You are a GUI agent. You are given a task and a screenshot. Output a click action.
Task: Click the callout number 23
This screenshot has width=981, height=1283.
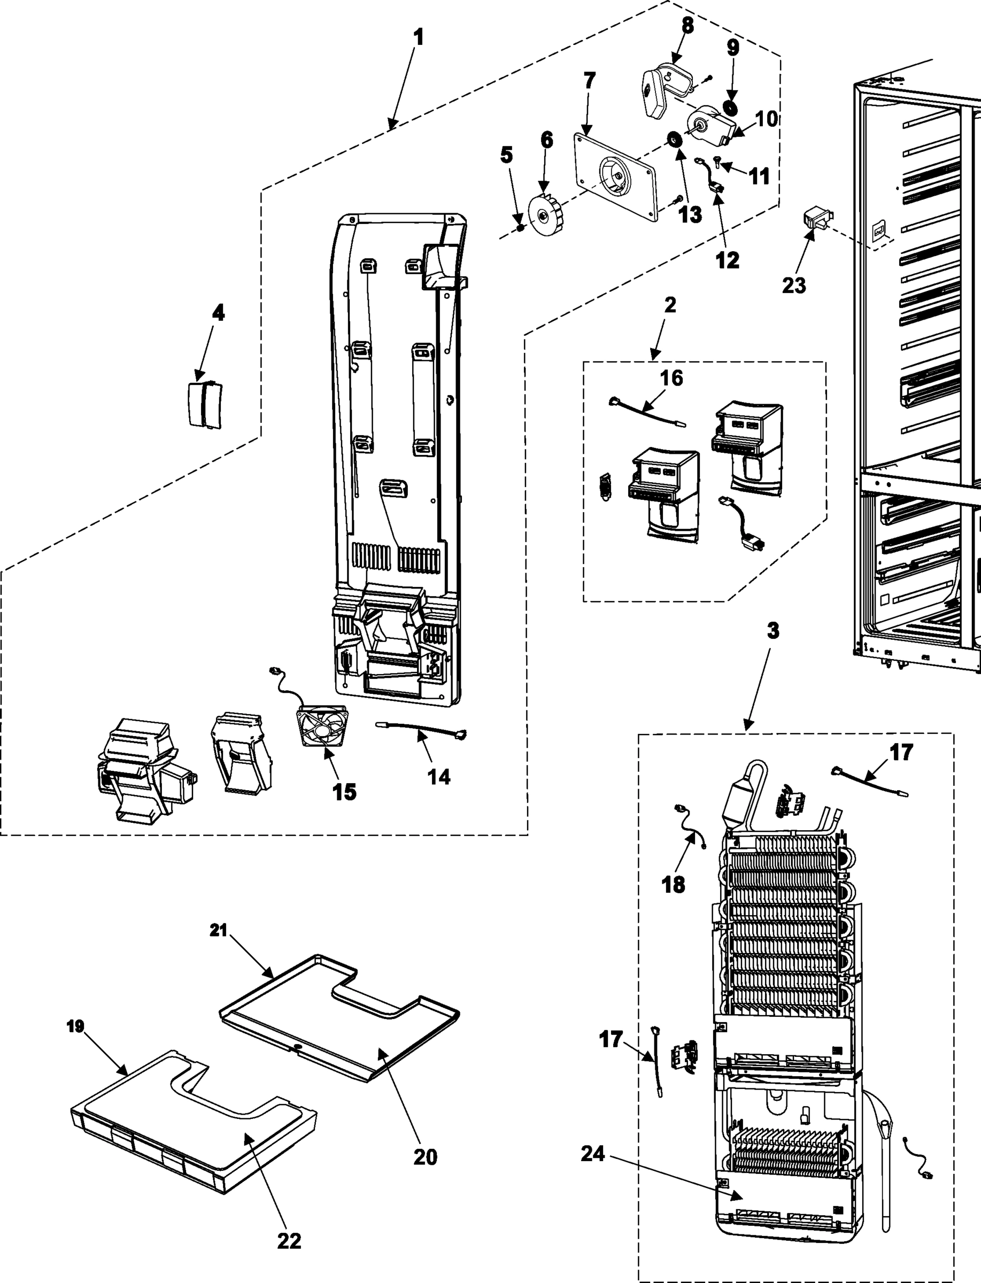793,285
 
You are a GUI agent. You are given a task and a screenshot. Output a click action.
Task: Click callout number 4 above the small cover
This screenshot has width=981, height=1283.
218,313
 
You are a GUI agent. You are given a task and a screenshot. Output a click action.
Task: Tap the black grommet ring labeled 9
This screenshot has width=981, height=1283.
729,106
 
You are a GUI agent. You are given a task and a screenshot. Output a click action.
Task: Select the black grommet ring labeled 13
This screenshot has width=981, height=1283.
676,140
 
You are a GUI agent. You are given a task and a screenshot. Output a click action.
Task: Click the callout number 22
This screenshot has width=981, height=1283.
289,1240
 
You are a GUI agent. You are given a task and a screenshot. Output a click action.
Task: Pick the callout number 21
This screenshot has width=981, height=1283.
219,930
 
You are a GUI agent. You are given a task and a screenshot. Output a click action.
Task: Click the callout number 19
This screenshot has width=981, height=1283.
75,1026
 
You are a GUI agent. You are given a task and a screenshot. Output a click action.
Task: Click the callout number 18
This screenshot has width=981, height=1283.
673,885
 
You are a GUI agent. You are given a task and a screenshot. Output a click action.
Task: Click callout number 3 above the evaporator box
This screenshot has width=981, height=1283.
773,631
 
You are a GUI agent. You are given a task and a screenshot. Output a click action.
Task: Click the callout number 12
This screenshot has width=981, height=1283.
728,260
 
